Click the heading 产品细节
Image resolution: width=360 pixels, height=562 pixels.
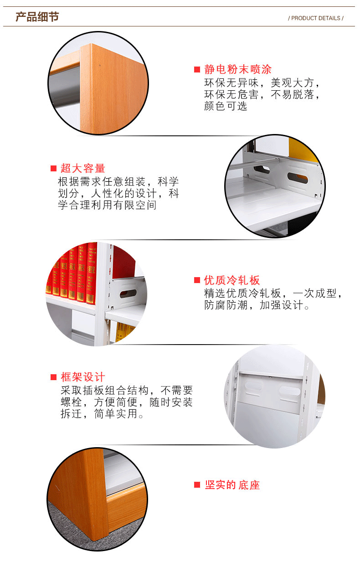click(x=37, y=17)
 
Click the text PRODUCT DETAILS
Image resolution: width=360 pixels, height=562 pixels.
click(x=316, y=18)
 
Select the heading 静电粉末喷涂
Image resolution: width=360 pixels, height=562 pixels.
click(x=238, y=70)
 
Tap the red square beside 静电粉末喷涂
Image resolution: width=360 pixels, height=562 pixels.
click(x=197, y=70)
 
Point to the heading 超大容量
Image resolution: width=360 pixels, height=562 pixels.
click(x=83, y=168)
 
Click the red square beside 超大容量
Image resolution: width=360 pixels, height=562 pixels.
click(x=53, y=168)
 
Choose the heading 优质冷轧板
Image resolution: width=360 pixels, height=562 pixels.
click(x=232, y=280)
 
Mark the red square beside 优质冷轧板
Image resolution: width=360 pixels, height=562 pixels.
click(x=197, y=280)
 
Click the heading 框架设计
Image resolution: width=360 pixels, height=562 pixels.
click(x=83, y=377)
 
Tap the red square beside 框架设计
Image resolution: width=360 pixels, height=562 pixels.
click(x=53, y=377)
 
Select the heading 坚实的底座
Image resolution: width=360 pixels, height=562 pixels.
click(x=232, y=485)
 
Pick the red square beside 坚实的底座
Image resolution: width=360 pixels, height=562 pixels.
click(x=197, y=485)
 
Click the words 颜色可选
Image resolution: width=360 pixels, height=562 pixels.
click(x=226, y=106)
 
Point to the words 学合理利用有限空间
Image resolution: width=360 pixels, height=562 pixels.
click(x=107, y=205)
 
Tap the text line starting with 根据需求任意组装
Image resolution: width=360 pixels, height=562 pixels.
click(x=118, y=181)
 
